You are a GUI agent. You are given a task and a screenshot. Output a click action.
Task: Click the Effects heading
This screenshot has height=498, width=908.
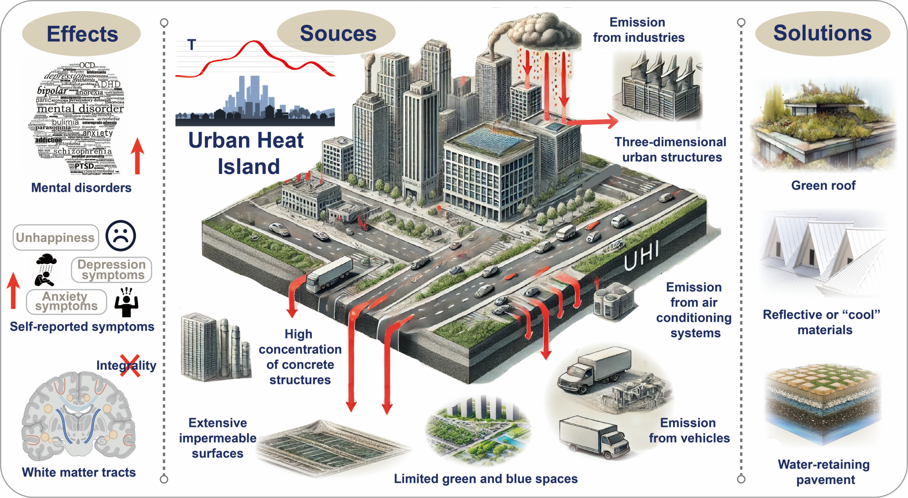(82, 34)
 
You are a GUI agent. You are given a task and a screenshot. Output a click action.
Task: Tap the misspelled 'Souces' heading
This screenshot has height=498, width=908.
(338, 33)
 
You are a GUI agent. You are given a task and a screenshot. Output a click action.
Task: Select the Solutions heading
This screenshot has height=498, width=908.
(822, 33)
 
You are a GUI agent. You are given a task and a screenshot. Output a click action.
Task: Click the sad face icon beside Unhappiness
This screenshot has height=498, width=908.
(121, 235)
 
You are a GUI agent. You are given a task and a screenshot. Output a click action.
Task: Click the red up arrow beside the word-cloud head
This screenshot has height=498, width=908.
(137, 155)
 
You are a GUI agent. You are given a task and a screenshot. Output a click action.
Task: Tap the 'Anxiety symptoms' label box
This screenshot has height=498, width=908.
(67, 302)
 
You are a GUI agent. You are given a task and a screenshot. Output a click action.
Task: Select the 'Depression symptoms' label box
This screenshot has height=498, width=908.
(112, 270)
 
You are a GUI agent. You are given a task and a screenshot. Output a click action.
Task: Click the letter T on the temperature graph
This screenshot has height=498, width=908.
(192, 44)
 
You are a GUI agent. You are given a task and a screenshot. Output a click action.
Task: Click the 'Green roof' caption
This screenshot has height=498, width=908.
(823, 186)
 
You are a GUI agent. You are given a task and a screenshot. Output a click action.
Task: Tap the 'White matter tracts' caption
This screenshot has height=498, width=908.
(79, 472)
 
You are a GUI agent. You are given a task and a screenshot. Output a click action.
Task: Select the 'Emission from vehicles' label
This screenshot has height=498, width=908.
(689, 431)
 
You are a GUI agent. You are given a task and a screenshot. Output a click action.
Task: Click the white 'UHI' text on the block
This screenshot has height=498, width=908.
(641, 256)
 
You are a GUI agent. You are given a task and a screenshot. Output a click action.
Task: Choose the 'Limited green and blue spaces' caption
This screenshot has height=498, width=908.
(485, 479)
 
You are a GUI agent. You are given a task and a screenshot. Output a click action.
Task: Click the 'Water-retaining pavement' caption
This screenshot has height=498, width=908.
(824, 472)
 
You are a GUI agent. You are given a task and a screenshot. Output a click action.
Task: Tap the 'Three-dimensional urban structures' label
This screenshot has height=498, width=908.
(671, 150)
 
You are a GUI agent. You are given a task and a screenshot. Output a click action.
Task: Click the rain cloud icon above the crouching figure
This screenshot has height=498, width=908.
(46, 260)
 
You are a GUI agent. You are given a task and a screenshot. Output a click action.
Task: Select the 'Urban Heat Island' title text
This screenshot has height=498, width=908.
(247, 153)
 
